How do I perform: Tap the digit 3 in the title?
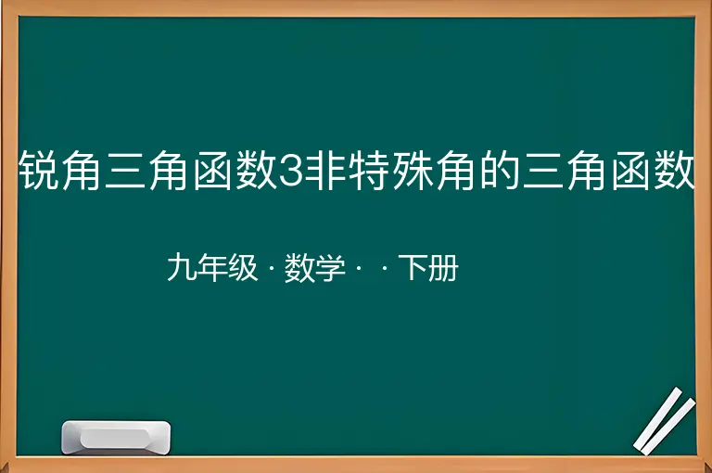pyautogui.click(x=290, y=171)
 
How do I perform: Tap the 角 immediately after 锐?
pyautogui.click(x=82, y=170)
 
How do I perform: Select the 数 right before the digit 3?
pyautogui.click(x=256, y=170)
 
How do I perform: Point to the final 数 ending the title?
pyautogui.click(x=674, y=170)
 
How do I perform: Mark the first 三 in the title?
pyautogui.click(x=125, y=170)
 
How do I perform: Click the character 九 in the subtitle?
pyautogui.click(x=182, y=267)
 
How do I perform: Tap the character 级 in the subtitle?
pyautogui.click(x=243, y=267)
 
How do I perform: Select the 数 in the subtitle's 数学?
pyautogui.click(x=299, y=267)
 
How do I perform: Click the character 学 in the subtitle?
pyautogui.click(x=330, y=267)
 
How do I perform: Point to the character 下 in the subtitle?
pyautogui.click(x=413, y=267)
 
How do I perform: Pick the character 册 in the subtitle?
pyautogui.click(x=443, y=267)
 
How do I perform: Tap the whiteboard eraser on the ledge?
pyautogui.click(x=116, y=437)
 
